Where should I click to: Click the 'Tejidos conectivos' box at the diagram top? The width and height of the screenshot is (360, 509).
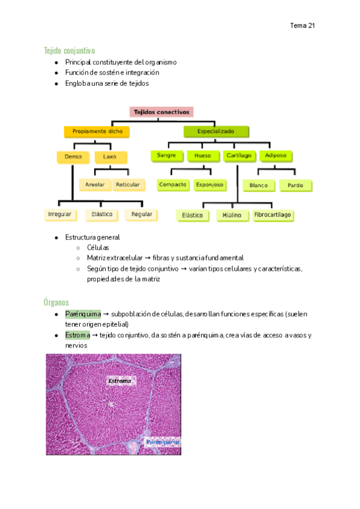161,112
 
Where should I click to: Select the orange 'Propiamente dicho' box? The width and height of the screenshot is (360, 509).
96,131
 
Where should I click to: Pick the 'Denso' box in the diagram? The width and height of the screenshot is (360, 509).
73,157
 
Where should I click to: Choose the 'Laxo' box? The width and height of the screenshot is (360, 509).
110,157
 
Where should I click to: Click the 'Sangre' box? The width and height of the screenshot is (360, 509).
166,156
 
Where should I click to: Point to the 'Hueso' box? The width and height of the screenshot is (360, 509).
203,156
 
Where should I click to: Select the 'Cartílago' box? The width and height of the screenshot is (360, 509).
238,156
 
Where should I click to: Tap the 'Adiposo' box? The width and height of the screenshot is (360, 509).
275,156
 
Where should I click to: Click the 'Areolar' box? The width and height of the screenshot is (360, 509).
95,185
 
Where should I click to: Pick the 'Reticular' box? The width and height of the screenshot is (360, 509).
128,185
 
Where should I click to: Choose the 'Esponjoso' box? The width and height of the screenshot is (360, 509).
209,185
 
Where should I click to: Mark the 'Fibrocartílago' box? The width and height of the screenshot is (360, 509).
273,215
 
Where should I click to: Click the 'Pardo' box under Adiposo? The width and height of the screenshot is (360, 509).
295,185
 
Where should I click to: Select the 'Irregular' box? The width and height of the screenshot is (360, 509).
61,214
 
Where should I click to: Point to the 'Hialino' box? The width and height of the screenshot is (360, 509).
232,215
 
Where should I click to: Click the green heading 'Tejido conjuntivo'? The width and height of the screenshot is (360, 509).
69,50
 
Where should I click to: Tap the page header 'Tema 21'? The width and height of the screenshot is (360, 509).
302,26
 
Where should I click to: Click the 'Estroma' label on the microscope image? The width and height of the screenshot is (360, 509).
119,381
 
